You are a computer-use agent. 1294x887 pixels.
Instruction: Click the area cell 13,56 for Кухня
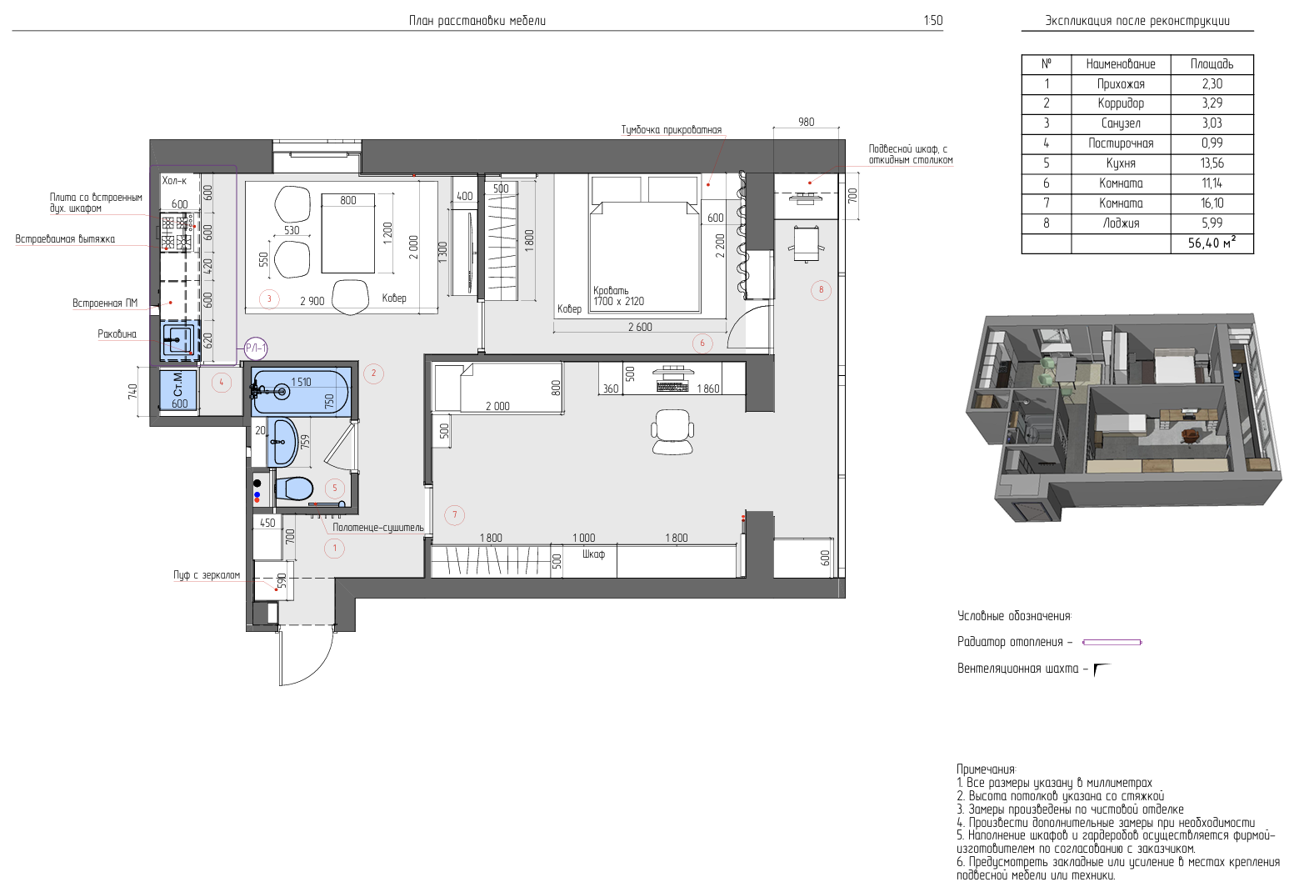pos(1212,163)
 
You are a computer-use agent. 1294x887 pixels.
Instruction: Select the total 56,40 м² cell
pos(1212,243)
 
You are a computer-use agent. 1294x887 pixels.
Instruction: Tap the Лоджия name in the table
pos(1121,223)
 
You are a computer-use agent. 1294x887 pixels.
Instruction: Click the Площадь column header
pos(1212,64)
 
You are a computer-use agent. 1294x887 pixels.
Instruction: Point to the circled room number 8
pos(821,290)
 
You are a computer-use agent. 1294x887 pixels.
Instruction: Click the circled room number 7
pos(455,515)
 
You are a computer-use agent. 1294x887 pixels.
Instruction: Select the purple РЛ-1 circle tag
pos(255,348)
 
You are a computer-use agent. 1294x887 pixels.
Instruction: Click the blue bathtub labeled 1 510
pos(301,392)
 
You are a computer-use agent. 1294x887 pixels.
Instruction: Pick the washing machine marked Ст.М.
pos(178,390)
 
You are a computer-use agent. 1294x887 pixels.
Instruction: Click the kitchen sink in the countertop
pos(180,340)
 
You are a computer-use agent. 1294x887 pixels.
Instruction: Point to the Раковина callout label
pos(117,334)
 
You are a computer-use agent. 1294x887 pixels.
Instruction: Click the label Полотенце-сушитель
pos(377,528)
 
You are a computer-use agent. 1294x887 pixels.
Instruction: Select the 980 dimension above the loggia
pos(806,122)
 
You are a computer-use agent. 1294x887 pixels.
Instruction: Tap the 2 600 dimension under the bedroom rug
pos(640,327)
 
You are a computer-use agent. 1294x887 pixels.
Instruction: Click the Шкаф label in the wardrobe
pos(593,554)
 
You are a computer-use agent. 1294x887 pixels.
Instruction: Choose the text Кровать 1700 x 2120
pos(619,296)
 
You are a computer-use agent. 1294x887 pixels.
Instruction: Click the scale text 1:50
pos(933,21)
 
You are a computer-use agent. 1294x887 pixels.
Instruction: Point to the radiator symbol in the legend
pos(1112,642)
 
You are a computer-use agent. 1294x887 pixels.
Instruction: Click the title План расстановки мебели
pos(477,21)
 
